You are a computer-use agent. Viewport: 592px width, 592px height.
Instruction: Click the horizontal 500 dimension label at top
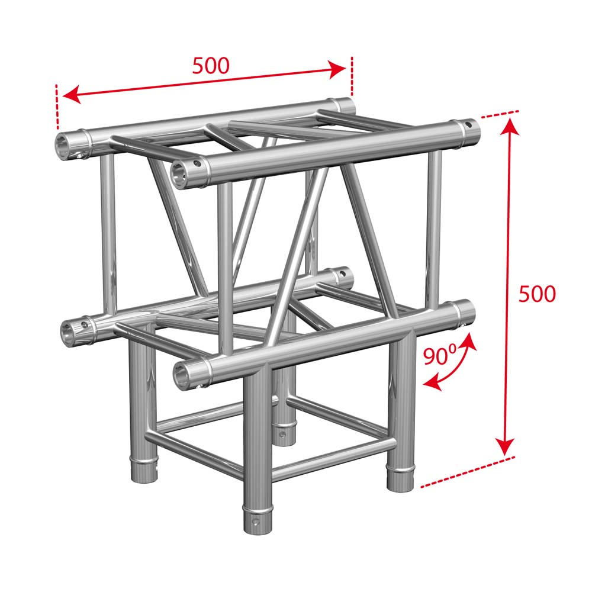(x=211, y=65)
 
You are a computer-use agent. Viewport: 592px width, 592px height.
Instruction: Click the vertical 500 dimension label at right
(x=537, y=294)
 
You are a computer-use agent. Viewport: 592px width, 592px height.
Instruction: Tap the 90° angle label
(x=440, y=356)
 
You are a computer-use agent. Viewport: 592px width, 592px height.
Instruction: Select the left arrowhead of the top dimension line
(x=72, y=94)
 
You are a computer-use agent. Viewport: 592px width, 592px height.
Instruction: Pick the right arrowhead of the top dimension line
(x=337, y=69)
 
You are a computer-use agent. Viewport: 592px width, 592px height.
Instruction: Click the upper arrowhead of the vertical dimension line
(x=510, y=127)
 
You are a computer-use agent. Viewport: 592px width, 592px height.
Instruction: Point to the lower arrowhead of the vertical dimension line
(x=506, y=446)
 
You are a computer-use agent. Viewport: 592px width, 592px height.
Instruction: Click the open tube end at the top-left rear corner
(x=63, y=144)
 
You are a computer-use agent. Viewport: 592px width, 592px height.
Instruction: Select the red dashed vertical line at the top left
(x=57, y=107)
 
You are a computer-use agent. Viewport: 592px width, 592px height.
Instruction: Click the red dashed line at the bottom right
(x=468, y=472)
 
